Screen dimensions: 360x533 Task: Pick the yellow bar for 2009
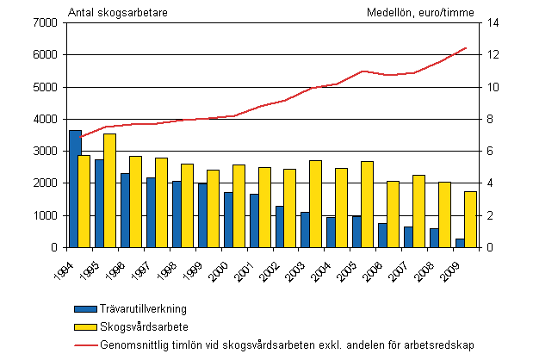471,220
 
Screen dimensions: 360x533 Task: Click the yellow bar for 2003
317,204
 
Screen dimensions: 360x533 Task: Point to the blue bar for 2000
229,220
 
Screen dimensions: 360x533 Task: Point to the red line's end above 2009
466,48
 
